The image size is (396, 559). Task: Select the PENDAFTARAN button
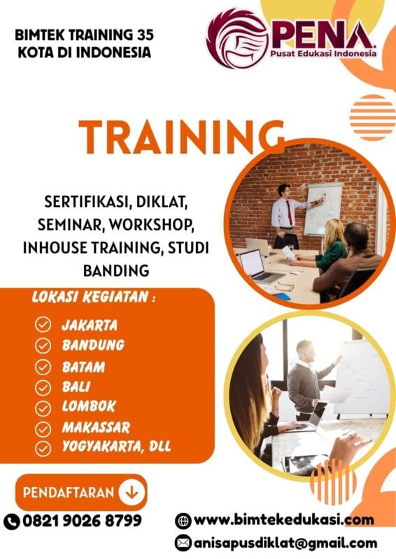coord(80,492)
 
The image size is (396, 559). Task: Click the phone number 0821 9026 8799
coord(82,521)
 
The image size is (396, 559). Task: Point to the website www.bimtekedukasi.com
coord(283,519)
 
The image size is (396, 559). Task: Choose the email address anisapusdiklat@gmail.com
coord(285,542)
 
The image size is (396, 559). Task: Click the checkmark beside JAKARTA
coord(43,324)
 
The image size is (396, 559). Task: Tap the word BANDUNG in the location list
coord(93,344)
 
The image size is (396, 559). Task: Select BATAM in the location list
coord(83,366)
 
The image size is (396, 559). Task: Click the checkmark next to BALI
coord(43,387)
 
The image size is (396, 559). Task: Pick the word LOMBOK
coord(88,407)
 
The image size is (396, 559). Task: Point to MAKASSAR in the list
coord(95,427)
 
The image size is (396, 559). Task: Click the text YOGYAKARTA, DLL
coord(116,447)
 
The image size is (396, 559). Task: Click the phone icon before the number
coord(12,521)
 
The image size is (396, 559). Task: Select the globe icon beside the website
coord(183,521)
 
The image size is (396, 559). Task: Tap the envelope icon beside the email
coord(183,543)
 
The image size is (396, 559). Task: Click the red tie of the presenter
coord(288,212)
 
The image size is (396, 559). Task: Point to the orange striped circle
coord(372,117)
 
